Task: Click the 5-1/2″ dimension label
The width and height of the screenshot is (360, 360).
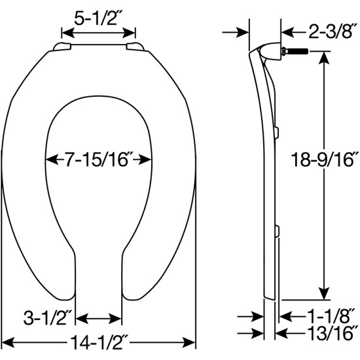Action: point(98,19)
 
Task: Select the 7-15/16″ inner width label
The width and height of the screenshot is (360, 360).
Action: point(99,158)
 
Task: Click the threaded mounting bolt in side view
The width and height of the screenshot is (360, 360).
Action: point(295,51)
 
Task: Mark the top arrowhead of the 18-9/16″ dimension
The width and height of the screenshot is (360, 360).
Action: point(322,57)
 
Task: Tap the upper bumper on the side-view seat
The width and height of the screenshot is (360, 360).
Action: point(278,132)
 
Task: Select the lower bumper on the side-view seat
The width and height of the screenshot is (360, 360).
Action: point(278,230)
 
